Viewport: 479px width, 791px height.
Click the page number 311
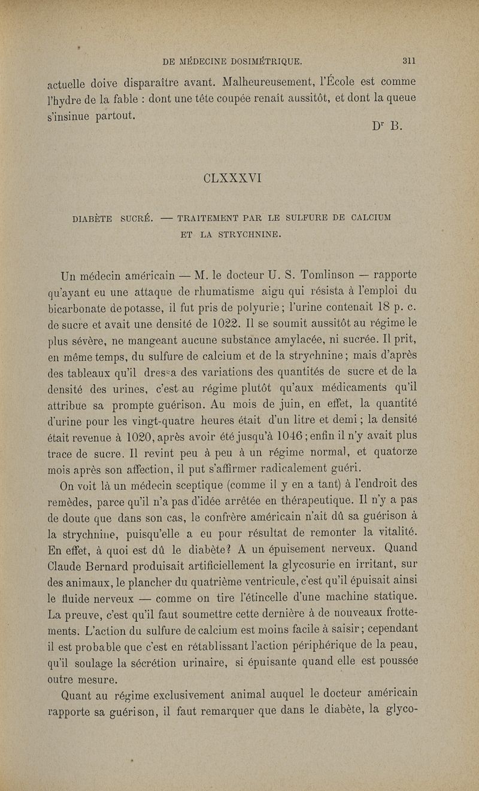[x=410, y=60]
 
